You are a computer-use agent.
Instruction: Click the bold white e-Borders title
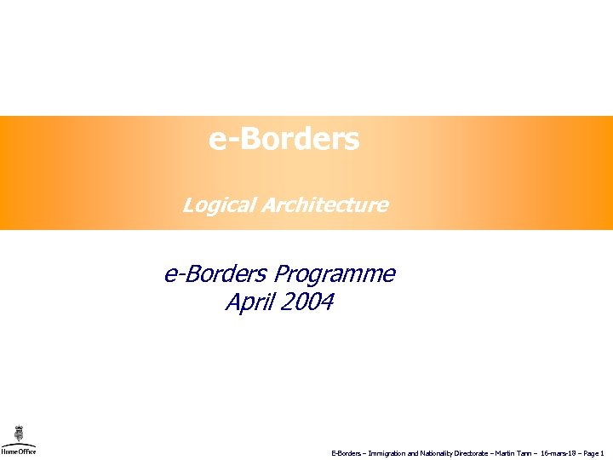284,139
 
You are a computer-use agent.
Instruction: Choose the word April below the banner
247,302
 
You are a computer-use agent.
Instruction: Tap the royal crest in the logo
18,433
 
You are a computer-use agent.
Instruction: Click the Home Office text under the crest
18,452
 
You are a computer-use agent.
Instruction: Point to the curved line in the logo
18,445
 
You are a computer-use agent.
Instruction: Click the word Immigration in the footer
387,454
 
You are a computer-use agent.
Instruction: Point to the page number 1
602,454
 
